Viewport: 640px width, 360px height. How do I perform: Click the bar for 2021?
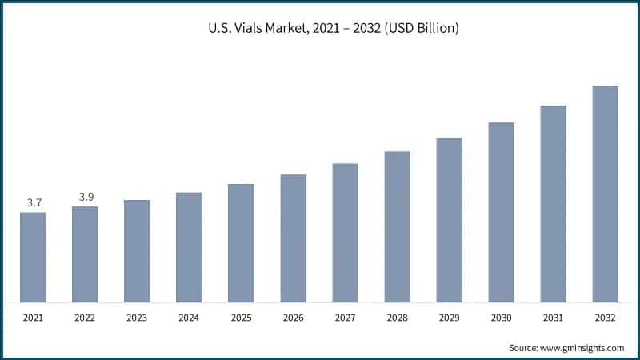click(33, 258)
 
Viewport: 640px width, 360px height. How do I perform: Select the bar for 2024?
click(189, 248)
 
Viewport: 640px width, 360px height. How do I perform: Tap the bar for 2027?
click(345, 234)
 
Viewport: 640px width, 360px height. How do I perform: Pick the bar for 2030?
click(501, 213)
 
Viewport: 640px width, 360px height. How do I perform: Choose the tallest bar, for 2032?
click(605, 194)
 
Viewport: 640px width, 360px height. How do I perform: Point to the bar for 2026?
click(293, 238)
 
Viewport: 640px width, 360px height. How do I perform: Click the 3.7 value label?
click(34, 203)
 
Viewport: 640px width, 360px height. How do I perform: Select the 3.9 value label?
click(86, 197)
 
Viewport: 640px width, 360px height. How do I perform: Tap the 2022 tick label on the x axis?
click(85, 318)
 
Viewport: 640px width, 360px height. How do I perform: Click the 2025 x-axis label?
click(241, 318)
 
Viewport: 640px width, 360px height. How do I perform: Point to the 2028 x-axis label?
click(397, 318)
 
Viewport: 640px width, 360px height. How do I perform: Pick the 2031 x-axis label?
click(553, 318)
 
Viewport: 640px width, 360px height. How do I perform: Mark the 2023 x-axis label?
click(137, 318)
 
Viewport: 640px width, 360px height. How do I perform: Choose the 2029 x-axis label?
click(449, 318)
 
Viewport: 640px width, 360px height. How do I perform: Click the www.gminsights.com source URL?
click(582, 348)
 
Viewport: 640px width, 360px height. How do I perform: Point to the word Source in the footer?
click(523, 348)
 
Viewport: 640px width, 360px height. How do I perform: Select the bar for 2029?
click(449, 221)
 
